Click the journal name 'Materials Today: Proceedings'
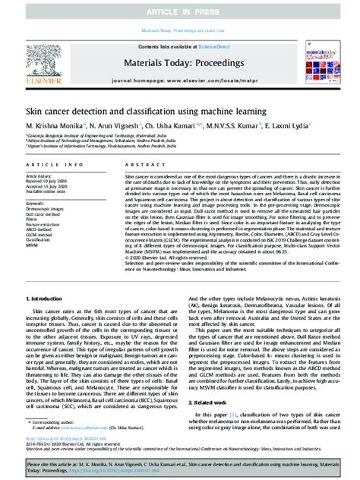point(180,51)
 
